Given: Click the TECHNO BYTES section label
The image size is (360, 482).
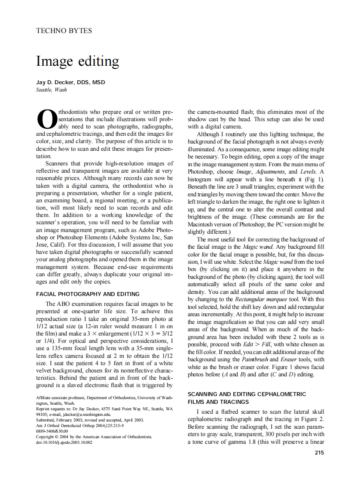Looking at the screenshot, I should pos(64,31).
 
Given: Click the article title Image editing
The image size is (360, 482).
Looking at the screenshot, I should pos(77,61).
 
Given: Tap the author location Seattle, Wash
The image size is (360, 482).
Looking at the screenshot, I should pos(52,90).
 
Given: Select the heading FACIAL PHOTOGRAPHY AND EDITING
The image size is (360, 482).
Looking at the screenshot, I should pos(88,294).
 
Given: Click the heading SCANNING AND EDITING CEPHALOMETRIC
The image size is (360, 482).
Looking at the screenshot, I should pos(247,394).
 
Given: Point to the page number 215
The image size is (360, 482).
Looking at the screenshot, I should pos(319,452).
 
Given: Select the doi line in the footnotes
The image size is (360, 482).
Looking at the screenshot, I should pos(64,442).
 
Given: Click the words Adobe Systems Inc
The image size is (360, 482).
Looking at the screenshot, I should pos(135,237).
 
